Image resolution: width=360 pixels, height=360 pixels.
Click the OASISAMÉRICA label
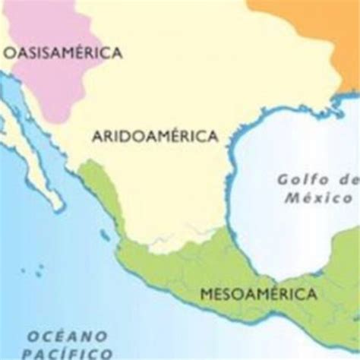63,52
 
